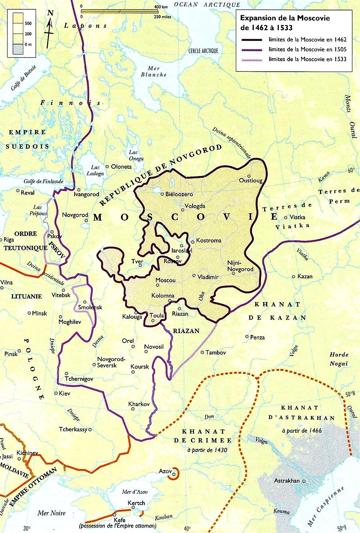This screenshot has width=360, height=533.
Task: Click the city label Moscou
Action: click(x=165, y=280)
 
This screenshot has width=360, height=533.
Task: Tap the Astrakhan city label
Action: click(x=287, y=481)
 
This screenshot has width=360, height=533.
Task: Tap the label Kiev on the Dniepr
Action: click(x=65, y=393)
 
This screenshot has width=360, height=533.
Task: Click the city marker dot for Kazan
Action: click(x=294, y=276)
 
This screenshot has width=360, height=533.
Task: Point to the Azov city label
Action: click(x=165, y=471)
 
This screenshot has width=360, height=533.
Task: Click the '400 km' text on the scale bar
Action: click(x=161, y=7)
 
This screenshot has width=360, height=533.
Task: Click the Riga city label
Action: click(x=9, y=239)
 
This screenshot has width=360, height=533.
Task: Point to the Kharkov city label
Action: click(x=139, y=404)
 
